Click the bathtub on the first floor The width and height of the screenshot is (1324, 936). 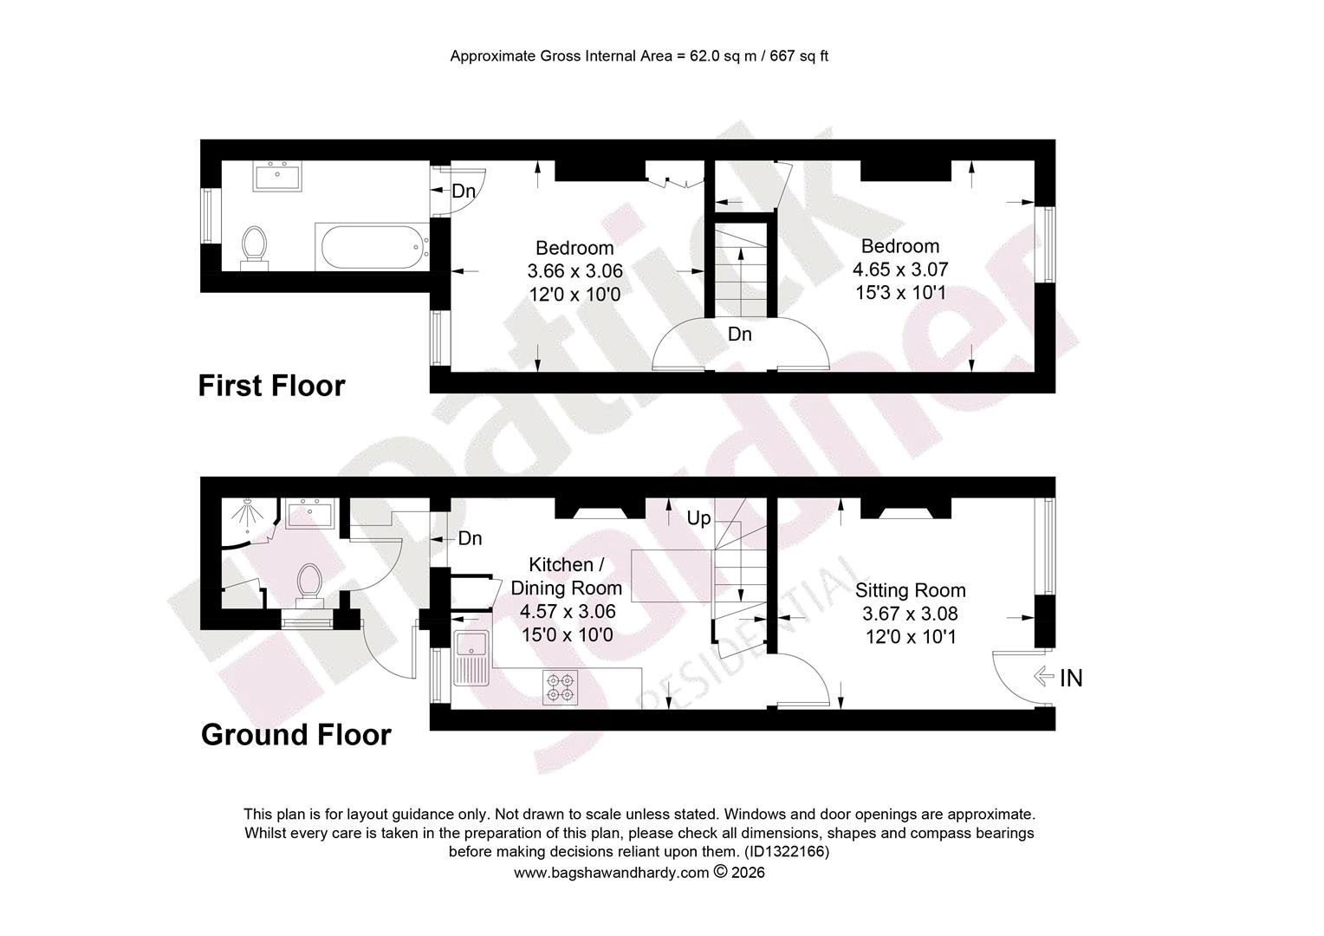[372, 247]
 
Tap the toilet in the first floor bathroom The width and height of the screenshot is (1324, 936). [255, 249]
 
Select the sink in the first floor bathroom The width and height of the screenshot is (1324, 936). [277, 176]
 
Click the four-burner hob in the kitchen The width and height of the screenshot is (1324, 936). [561, 687]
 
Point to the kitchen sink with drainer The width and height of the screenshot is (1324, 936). [471, 658]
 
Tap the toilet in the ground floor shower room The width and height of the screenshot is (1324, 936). [309, 586]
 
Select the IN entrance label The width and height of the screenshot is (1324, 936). [1070, 679]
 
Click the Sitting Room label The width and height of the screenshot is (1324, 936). [910, 590]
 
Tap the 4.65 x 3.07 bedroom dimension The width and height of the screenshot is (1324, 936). [900, 270]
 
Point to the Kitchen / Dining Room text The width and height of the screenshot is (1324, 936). [566, 576]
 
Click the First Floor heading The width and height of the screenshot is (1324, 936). [271, 387]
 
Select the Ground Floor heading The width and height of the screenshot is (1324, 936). [296, 735]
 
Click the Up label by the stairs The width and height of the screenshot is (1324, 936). [698, 518]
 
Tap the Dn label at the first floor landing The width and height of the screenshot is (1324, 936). [739, 335]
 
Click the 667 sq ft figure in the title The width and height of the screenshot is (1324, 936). [799, 56]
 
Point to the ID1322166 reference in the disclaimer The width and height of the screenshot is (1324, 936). [788, 852]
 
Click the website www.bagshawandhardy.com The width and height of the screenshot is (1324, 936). [611, 873]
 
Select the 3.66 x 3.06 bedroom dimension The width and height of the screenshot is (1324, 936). [575, 271]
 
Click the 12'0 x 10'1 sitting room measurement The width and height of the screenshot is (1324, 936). [911, 637]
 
